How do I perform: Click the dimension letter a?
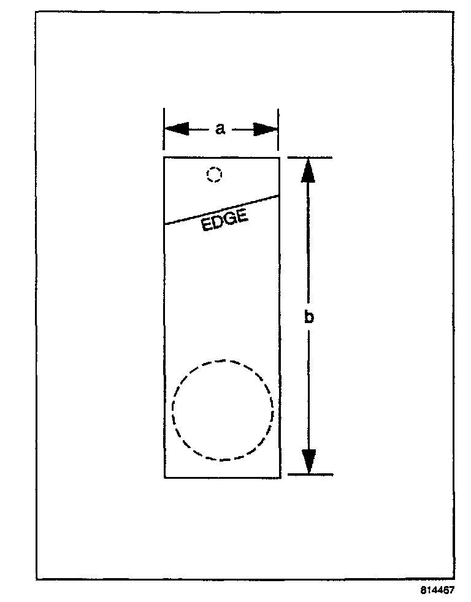[x=221, y=129]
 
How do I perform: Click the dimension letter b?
[x=309, y=317]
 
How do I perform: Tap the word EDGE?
[x=224, y=221]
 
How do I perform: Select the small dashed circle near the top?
[x=214, y=175]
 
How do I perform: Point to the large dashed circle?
[x=223, y=410]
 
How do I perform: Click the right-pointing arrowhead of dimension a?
[x=266, y=129]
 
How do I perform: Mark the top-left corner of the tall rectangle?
[x=164, y=158]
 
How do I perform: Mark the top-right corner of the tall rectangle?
[x=280, y=158]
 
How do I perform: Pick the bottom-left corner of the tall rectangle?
[x=164, y=477]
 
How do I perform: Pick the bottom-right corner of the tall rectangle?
[x=280, y=477]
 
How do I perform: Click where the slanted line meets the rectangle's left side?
[x=164, y=224]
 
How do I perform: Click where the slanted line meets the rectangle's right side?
[x=280, y=196]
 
